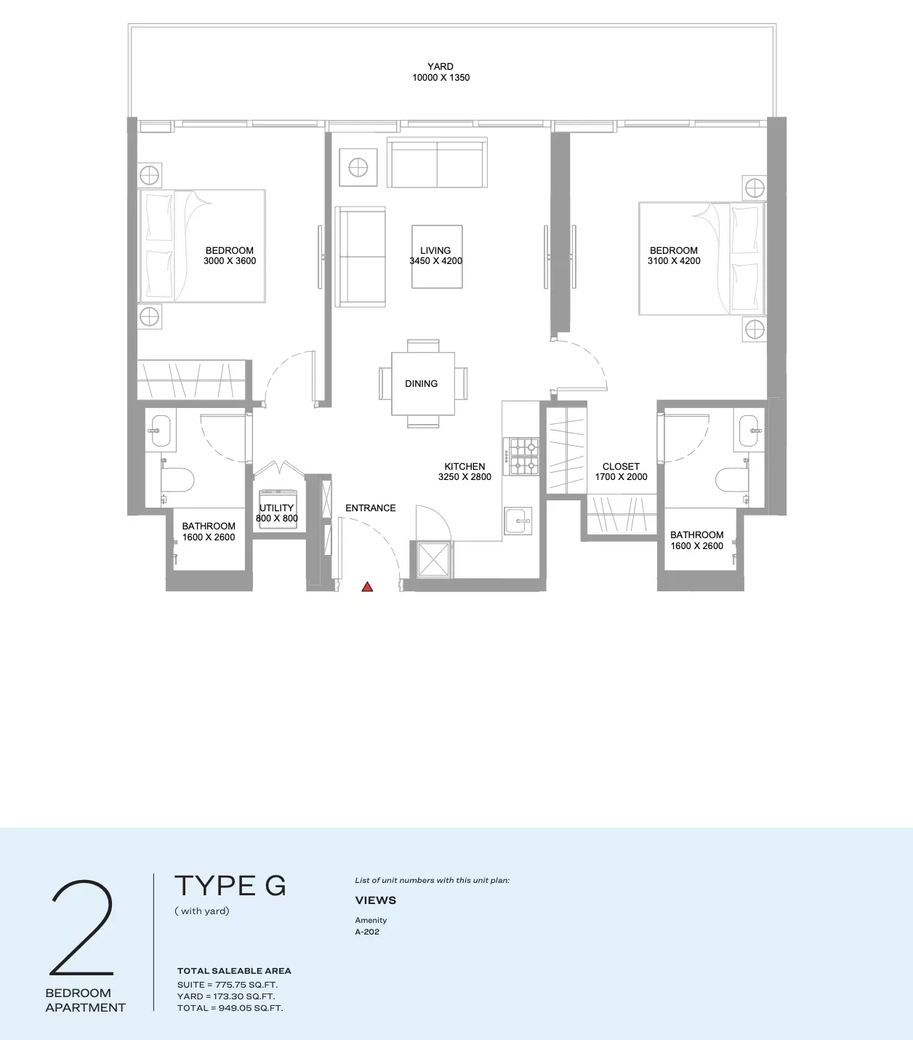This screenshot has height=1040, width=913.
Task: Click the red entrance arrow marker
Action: click(367, 587)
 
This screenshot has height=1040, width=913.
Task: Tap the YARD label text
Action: click(441, 67)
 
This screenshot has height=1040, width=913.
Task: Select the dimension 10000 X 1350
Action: click(441, 78)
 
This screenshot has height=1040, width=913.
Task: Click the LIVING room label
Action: click(435, 250)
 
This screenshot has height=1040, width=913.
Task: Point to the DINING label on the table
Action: click(422, 383)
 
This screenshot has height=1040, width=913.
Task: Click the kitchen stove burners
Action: click(521, 456)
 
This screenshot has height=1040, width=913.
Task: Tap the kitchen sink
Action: click(518, 521)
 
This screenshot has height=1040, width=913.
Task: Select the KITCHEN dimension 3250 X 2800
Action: click(464, 477)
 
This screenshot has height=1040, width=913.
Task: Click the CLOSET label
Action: click(621, 467)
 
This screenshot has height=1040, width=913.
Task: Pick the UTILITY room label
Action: click(277, 508)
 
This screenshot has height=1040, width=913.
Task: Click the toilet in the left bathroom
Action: click(177, 481)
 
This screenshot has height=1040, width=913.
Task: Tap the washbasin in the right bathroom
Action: click(748, 430)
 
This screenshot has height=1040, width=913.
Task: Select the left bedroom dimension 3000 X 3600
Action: click(230, 261)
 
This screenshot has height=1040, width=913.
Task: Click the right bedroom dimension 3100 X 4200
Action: click(674, 261)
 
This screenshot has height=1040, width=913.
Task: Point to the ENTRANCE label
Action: click(371, 508)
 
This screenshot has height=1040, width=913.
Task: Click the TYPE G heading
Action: click(230, 886)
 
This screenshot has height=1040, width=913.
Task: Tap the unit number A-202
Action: click(367, 932)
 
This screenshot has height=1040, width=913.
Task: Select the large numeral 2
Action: click(82, 927)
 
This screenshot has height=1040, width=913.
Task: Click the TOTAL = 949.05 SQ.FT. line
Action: click(230, 1008)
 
